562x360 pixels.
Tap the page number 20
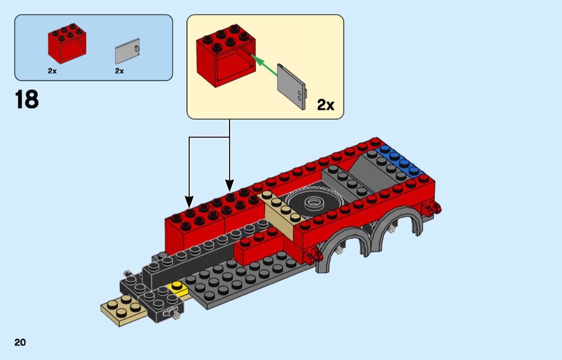20,342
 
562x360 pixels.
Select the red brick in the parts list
67,44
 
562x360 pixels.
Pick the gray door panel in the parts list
127,51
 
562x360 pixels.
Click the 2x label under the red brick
52,71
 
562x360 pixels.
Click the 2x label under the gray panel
119,71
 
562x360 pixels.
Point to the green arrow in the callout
264,65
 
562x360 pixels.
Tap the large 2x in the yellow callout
325,105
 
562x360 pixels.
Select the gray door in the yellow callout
292,87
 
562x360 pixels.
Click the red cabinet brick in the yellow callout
226,56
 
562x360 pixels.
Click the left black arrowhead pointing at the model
189,202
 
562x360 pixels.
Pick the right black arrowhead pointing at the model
230,185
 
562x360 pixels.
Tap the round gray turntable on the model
314,202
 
